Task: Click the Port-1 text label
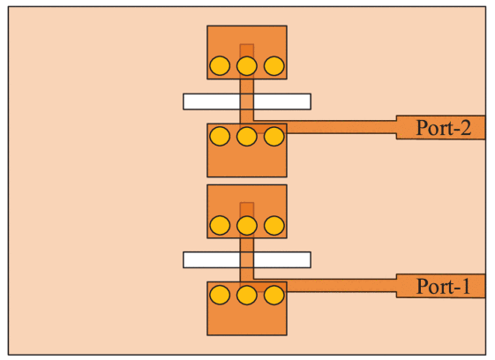click(443, 287)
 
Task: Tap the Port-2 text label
click(444, 128)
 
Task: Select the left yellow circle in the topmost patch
click(220, 65)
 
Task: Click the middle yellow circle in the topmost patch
click(246, 65)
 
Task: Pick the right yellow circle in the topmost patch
click(274, 65)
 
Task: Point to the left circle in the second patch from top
click(220, 136)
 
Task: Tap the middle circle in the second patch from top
click(246, 136)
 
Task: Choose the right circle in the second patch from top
click(274, 136)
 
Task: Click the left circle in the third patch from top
click(220, 225)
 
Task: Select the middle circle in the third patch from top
click(246, 225)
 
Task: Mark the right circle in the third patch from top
click(274, 225)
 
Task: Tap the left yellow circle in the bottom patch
click(220, 295)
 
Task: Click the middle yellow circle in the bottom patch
click(246, 295)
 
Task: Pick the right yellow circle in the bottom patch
click(274, 295)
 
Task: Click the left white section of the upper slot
click(212, 101)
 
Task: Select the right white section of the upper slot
click(282, 101)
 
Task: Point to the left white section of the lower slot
click(212, 260)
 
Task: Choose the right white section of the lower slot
click(282, 260)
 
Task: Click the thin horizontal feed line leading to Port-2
click(341, 127)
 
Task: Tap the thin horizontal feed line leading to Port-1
click(341, 286)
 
